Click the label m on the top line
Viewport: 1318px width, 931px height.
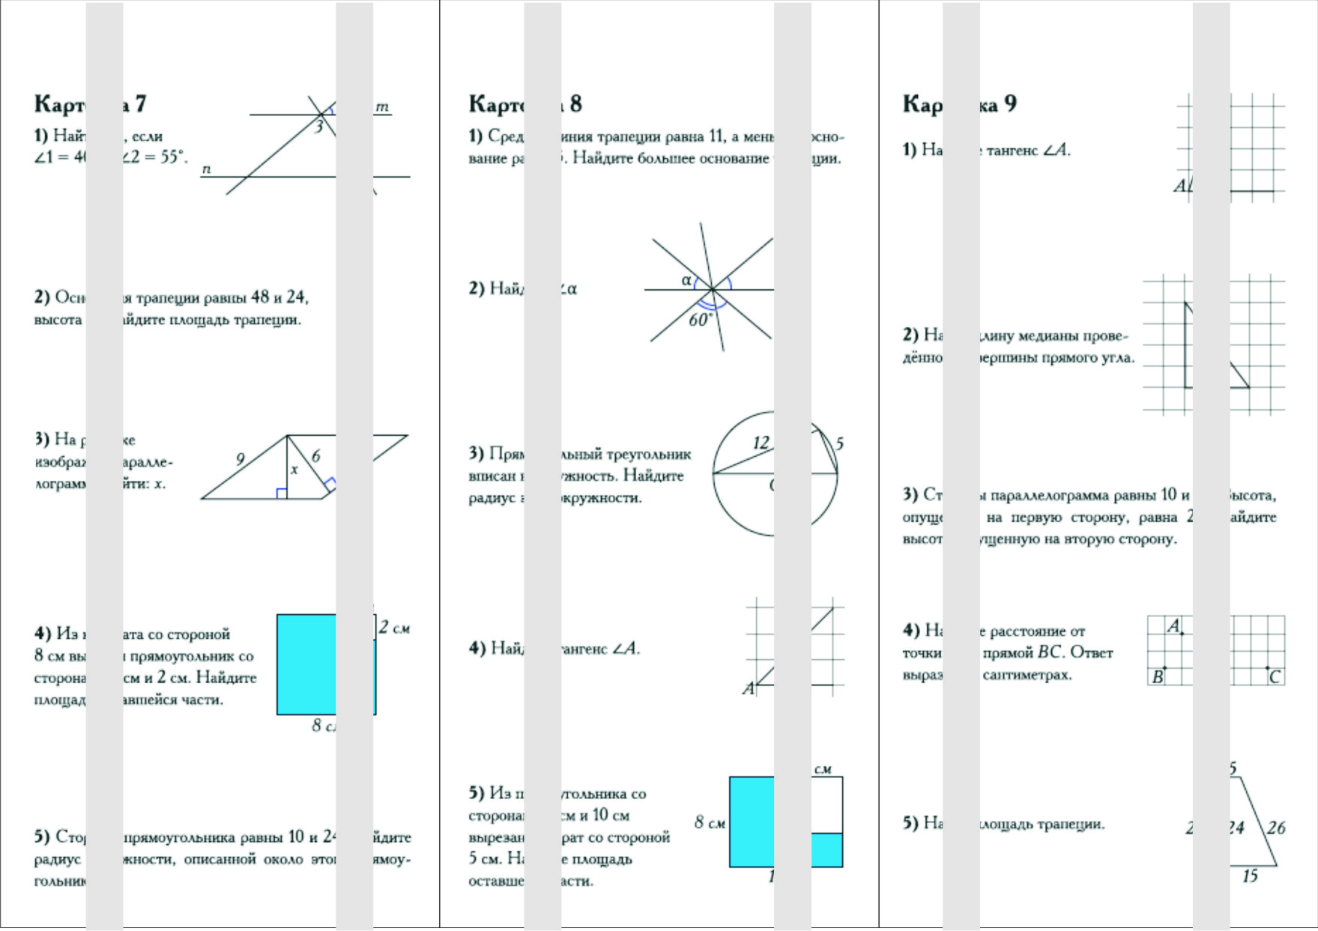382,107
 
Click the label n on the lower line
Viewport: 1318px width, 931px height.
206,169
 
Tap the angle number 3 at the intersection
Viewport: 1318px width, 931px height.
318,127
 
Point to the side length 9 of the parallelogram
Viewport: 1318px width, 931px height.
240,459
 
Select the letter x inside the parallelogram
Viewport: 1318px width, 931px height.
294,470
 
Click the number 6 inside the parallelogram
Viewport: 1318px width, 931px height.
315,455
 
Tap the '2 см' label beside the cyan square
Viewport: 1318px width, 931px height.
394,628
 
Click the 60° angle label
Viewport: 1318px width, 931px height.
701,320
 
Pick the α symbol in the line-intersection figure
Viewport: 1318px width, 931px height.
686,280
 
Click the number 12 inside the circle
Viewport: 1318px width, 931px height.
761,442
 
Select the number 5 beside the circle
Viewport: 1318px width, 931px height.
839,443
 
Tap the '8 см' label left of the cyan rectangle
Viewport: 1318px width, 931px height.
709,822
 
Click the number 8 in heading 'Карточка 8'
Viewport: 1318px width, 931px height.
575,103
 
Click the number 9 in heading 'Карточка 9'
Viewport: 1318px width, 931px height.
1010,103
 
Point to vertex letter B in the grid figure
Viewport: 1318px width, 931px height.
1158,677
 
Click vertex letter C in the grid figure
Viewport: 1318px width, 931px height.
1275,677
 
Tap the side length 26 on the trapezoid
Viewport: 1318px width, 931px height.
1276,828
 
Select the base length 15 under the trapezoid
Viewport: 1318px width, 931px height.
1250,876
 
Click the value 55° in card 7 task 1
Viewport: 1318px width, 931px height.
173,157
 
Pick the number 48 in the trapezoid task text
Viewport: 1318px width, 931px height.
260,297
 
